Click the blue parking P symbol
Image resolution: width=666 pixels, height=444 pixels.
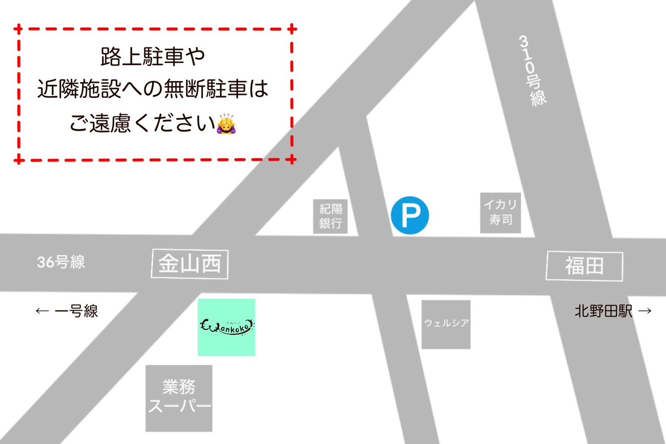(x=410, y=216)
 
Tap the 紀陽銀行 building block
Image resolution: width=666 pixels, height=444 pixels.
(x=331, y=216)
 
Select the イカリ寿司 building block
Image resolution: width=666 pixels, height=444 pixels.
(x=501, y=213)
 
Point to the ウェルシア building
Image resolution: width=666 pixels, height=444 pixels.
(x=446, y=324)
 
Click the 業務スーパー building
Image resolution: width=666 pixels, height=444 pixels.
(x=179, y=398)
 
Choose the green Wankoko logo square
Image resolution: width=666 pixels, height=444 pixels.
(x=226, y=327)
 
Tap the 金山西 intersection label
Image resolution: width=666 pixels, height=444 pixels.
(x=190, y=264)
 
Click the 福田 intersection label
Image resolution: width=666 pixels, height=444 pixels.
(x=584, y=267)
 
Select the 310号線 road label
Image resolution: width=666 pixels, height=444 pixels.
(x=531, y=69)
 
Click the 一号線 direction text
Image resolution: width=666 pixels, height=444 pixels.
(x=77, y=311)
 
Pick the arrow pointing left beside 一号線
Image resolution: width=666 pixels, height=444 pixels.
(x=42, y=311)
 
